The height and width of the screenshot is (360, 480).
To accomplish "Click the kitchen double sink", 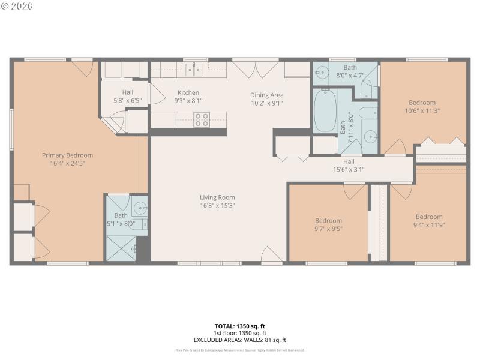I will tap(193, 70).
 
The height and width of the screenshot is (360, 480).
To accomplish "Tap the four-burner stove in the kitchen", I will tap(202, 119).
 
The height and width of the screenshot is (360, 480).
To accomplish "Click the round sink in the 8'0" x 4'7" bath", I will tap(321, 73).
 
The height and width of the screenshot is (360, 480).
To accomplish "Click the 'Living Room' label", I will tap(217, 197).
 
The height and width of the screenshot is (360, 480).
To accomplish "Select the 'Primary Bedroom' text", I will tap(67, 155).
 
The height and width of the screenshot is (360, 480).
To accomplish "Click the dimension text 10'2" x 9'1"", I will tap(266, 103).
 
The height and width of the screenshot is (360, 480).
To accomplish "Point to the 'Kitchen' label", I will tap(188, 93).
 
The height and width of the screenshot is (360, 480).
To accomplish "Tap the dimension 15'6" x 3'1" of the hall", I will tap(349, 169).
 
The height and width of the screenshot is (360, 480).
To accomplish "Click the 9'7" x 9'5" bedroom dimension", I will tap(328, 229).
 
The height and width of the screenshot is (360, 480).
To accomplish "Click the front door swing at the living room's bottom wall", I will tap(271, 255).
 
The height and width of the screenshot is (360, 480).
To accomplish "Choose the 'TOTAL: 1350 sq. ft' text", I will tap(239, 326).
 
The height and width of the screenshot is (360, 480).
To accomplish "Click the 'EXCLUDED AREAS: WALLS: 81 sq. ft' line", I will tap(239, 340).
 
